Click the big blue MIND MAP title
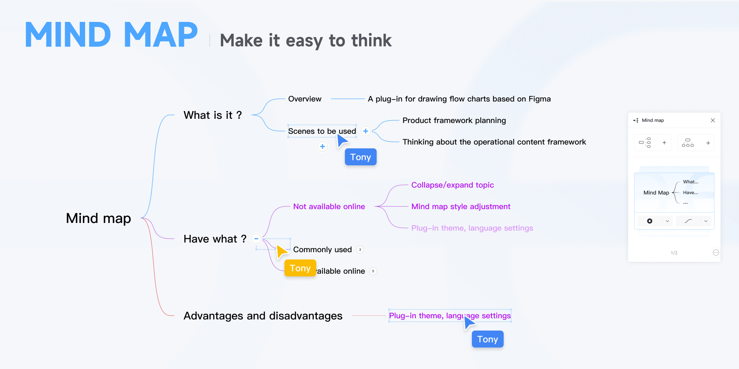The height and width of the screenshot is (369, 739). [112, 35]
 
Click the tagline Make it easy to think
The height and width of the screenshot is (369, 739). [306, 41]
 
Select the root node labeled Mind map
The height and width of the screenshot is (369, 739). [99, 218]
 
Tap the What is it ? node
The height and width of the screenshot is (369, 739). [212, 115]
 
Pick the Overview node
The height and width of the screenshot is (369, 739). [305, 99]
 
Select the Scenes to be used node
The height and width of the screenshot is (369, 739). [322, 131]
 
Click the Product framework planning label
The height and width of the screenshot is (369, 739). [454, 120]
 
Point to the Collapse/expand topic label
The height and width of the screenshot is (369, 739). [453, 185]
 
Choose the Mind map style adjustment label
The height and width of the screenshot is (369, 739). [461, 206]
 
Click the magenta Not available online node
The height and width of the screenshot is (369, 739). [329, 206]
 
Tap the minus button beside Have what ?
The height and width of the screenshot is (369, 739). [256, 239]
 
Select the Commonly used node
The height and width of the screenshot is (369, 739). [323, 249]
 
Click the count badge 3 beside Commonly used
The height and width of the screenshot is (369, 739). [360, 249]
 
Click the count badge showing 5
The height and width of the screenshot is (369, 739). [373, 271]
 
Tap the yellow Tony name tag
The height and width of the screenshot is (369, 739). [300, 268]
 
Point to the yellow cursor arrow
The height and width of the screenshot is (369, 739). [281, 251]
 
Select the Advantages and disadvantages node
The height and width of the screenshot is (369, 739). [263, 316]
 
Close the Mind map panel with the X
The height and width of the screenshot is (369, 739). [713, 120]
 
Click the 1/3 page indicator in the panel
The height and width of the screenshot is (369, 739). [674, 253]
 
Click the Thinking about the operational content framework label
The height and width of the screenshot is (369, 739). [494, 142]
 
